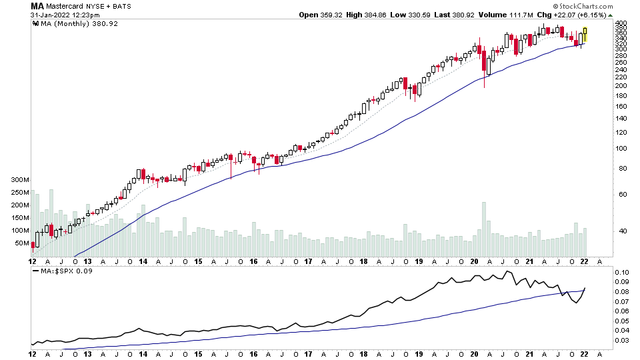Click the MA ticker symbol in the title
(37, 6)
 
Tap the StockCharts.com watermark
(586, 5)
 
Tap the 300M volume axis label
(19, 180)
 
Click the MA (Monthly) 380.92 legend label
(66, 23)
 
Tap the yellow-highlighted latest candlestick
(585, 35)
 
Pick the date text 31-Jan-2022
(51, 15)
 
